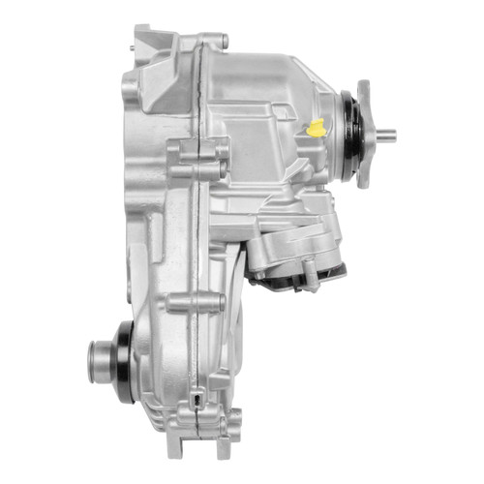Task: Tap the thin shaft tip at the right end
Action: click(388, 135)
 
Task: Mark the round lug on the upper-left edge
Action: click(130, 88)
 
